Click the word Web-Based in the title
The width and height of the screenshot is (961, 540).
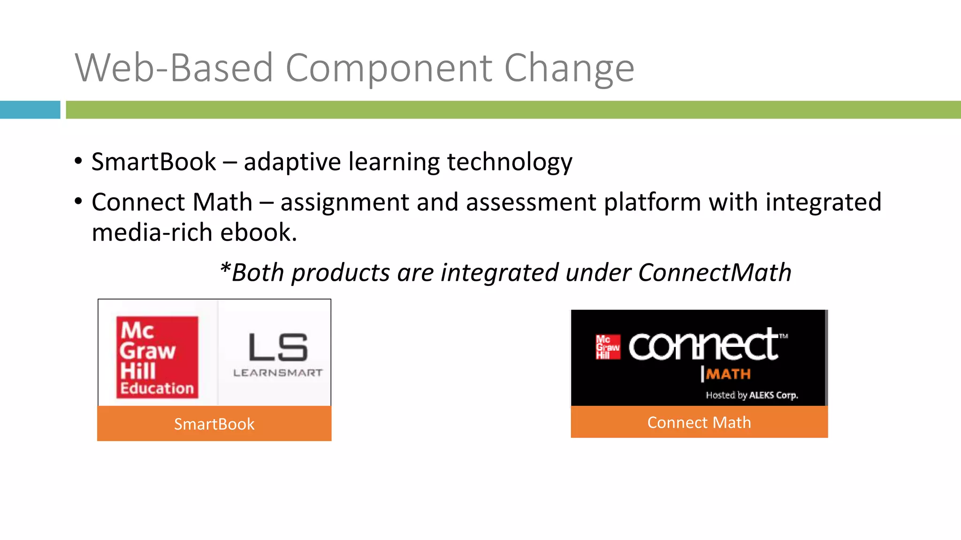click(x=174, y=68)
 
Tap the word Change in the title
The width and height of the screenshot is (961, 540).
click(x=569, y=68)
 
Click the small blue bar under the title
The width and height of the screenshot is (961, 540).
click(x=30, y=110)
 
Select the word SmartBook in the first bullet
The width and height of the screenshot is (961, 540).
click(x=153, y=162)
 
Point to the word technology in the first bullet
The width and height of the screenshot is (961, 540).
click(x=510, y=162)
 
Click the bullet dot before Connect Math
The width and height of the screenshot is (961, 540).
click(x=78, y=202)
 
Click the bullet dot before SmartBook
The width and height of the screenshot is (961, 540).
click(x=78, y=162)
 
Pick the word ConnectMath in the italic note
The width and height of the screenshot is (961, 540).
click(x=714, y=273)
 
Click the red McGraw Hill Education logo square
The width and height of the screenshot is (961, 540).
click(x=157, y=357)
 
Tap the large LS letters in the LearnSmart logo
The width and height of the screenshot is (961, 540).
click(x=278, y=347)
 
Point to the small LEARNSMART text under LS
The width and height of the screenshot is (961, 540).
click(x=278, y=373)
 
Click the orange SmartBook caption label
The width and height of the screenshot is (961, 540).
click(x=214, y=424)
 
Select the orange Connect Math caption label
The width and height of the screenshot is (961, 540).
click(x=699, y=422)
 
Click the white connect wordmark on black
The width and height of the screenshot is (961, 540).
click(x=704, y=345)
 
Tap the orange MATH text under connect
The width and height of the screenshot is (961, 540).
click(x=728, y=374)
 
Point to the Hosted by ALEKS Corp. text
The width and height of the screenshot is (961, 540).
click(x=752, y=395)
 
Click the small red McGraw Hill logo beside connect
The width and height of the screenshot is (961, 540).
click(x=608, y=347)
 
